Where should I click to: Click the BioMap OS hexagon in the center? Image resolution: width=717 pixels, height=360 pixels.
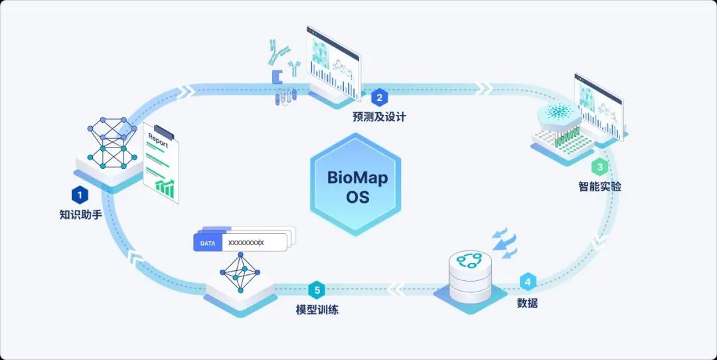[356, 185]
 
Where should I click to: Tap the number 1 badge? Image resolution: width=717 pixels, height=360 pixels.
[80, 196]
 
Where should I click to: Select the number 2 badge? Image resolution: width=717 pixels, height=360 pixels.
[379, 98]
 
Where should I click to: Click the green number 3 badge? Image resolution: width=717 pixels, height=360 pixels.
[600, 167]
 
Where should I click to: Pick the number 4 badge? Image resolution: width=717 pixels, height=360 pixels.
[528, 282]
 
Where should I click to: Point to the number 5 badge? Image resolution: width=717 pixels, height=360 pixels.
[317, 290]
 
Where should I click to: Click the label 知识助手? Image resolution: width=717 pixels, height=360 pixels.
[80, 215]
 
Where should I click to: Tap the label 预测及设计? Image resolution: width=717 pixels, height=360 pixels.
[379, 117]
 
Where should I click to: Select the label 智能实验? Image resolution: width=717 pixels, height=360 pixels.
[600, 186]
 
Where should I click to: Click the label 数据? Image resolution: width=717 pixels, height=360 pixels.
[527, 302]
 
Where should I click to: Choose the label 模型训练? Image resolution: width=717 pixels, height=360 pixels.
[317, 310]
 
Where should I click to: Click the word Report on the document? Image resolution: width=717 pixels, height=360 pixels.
[158, 140]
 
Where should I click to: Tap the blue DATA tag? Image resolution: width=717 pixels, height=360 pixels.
[208, 243]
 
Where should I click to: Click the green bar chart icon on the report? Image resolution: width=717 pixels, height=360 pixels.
[165, 189]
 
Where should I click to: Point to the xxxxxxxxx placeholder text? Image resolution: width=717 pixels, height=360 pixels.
[246, 243]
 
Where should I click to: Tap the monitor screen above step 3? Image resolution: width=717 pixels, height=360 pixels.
[599, 106]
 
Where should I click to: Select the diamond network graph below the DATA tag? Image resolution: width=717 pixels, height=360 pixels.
[240, 272]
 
